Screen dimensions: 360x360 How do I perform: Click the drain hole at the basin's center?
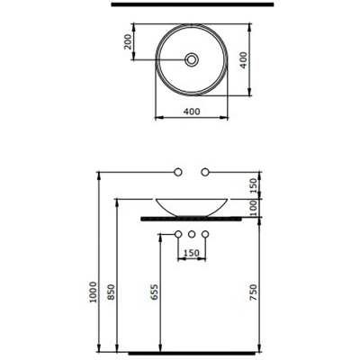[x=192, y=59]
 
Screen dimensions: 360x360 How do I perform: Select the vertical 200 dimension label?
[x=129, y=41]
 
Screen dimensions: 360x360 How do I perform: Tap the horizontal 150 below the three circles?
[x=192, y=253]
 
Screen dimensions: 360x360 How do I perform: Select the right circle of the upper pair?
[x=206, y=170]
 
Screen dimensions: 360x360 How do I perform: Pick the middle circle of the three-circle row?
[x=192, y=236]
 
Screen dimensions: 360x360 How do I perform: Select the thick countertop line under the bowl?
[x=192, y=218]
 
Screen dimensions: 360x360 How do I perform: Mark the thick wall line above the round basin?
[x=192, y=5]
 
